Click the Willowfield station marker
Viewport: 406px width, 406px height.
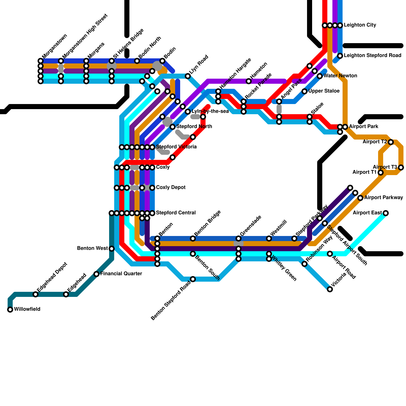click(x=10, y=310)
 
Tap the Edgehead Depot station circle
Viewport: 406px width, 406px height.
click(x=36, y=294)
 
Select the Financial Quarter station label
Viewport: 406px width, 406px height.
click(x=121, y=274)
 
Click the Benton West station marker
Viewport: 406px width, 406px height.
click(x=112, y=249)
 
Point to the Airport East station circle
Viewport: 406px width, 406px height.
click(x=386, y=213)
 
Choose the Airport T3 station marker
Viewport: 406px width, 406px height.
click(x=401, y=167)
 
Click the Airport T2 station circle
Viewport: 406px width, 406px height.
click(x=391, y=142)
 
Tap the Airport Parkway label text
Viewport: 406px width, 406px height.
click(x=383, y=198)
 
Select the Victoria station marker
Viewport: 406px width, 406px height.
click(x=330, y=289)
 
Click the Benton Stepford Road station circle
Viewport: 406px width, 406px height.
click(x=193, y=279)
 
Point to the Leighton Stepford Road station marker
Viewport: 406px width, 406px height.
click(x=340, y=56)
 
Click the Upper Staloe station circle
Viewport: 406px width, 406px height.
click(x=304, y=91)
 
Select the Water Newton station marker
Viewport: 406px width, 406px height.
click(x=320, y=76)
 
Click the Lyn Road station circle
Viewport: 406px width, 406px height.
click(x=188, y=76)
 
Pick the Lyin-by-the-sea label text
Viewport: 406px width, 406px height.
click(x=210, y=111)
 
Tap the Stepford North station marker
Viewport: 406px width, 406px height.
click(x=173, y=127)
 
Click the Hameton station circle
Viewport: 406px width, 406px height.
click(x=249, y=81)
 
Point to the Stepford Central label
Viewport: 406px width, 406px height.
click(x=176, y=213)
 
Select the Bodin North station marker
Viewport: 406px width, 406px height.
click(x=137, y=61)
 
